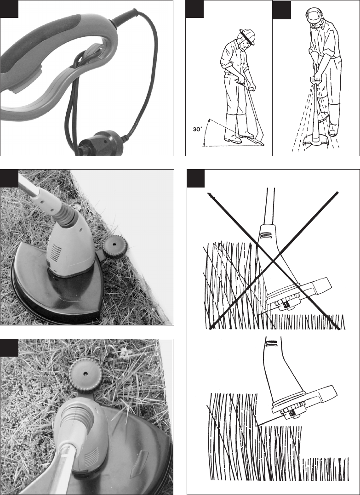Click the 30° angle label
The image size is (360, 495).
[x=197, y=129]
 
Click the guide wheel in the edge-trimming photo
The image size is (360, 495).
[x=115, y=247]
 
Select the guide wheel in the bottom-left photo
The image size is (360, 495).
[x=86, y=374]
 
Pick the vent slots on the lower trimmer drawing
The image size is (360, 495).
[x=271, y=343]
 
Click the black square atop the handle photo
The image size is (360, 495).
[x=9, y=9]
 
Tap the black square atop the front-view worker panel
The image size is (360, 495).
[x=281, y=10]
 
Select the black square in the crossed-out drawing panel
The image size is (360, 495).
[x=196, y=178]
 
